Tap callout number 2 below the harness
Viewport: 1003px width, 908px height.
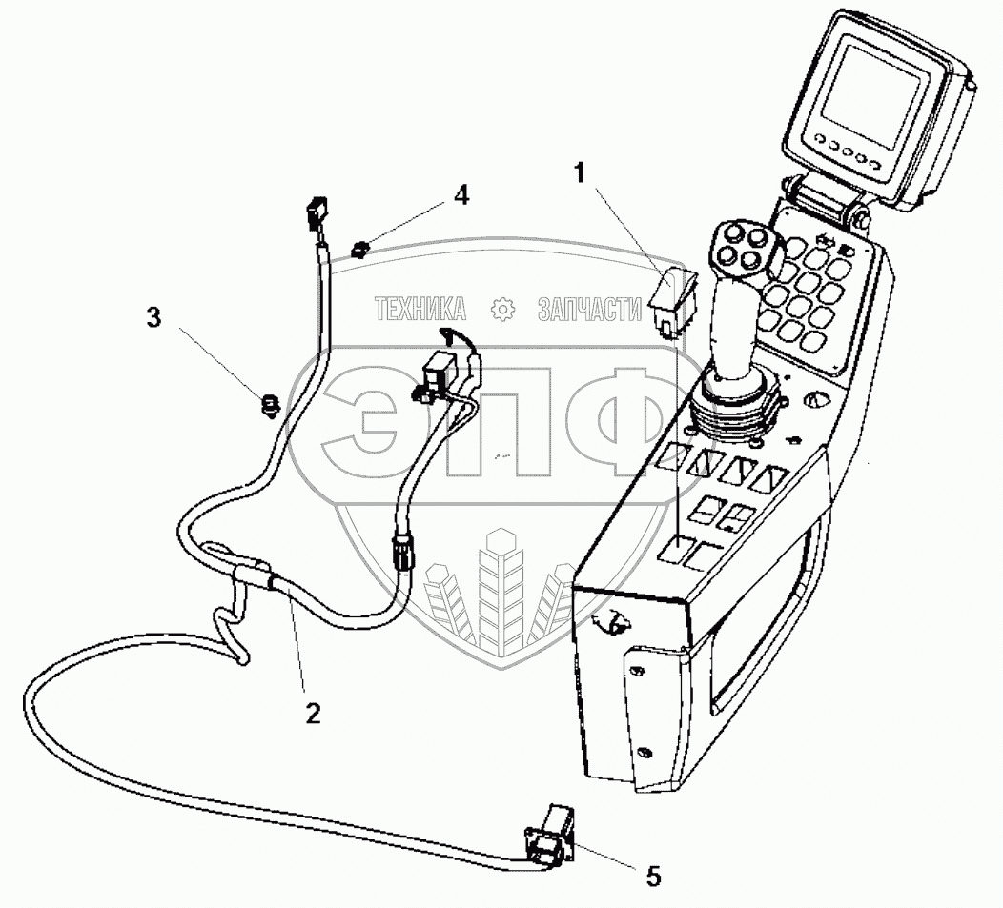[312, 712]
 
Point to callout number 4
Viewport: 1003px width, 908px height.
[461, 195]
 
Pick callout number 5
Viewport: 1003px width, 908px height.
[652, 876]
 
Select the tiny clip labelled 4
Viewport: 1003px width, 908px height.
[360, 251]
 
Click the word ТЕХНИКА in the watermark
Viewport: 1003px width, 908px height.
[420, 309]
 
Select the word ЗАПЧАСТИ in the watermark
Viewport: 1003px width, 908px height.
[589, 309]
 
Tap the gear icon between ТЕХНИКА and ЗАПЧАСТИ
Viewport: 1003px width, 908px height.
[501, 309]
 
